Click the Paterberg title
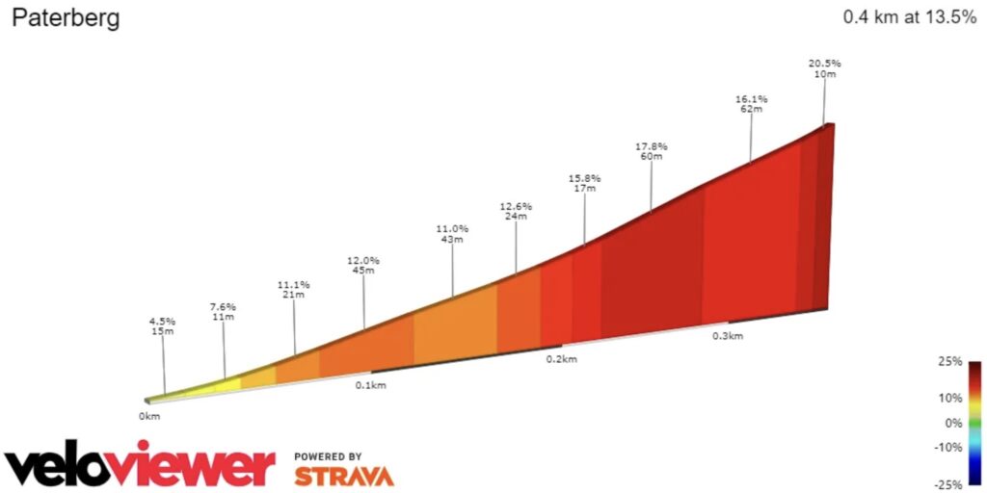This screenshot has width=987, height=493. (x=66, y=19)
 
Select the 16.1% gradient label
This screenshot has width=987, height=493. (x=751, y=99)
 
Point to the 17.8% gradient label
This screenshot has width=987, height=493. (x=651, y=146)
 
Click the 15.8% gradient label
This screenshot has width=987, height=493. (x=584, y=178)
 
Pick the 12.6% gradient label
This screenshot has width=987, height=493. (x=516, y=206)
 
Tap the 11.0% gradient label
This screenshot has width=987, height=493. (x=452, y=229)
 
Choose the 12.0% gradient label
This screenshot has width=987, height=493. (x=363, y=260)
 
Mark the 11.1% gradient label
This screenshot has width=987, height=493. (x=294, y=284)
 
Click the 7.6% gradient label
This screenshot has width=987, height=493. (x=223, y=307)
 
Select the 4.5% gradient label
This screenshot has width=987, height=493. (x=162, y=322)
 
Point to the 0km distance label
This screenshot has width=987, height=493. (x=148, y=416)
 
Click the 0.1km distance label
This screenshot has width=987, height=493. (x=370, y=385)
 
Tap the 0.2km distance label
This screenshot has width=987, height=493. (x=561, y=359)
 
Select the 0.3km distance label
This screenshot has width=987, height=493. (x=728, y=336)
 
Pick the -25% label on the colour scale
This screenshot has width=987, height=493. (x=950, y=484)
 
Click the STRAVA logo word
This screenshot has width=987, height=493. (x=343, y=476)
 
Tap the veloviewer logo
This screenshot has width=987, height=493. (x=140, y=466)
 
